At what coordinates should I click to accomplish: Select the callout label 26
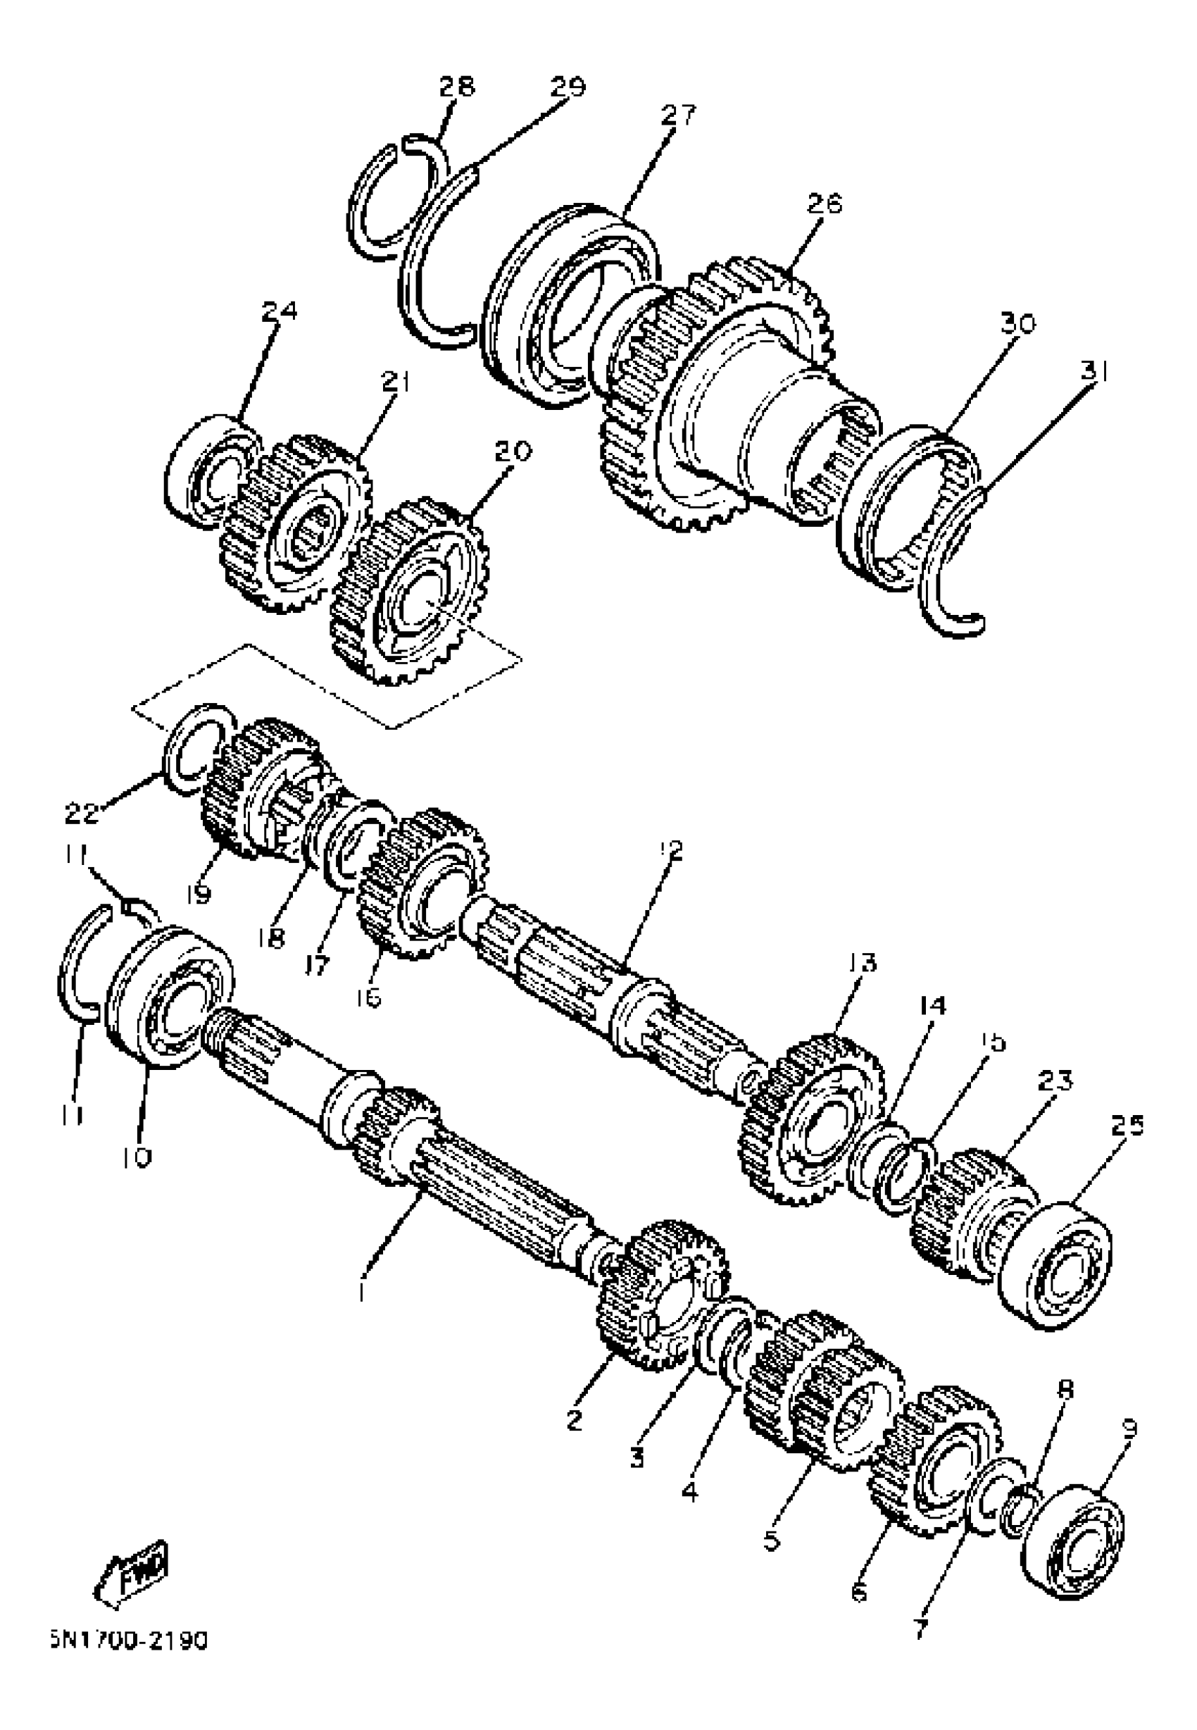[825, 204]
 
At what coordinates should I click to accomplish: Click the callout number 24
[279, 311]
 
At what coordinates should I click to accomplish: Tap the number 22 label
[82, 812]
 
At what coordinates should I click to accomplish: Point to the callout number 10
[135, 1157]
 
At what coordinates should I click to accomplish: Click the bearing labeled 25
[1057, 1264]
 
